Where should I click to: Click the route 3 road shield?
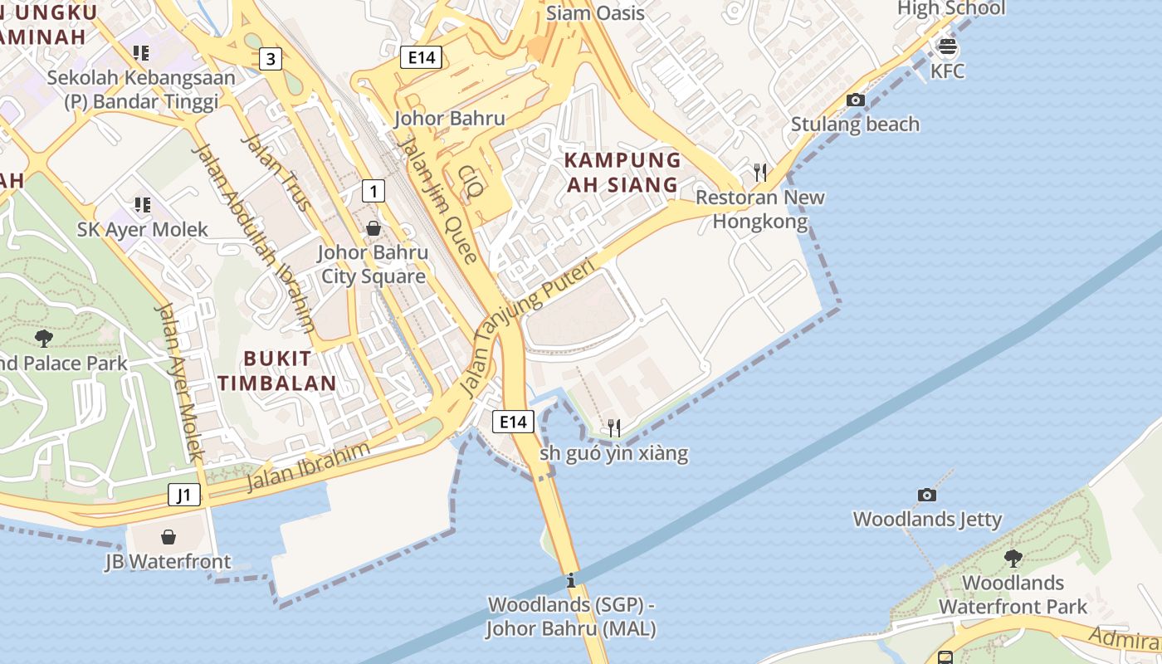[x=270, y=59]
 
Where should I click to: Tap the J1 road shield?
[x=184, y=495]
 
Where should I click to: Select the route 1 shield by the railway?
[x=373, y=192]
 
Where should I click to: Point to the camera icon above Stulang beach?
[x=855, y=100]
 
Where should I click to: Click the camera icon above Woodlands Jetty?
[x=927, y=495]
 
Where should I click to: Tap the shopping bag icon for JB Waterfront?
[x=168, y=537]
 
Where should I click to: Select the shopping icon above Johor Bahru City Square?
[x=373, y=227]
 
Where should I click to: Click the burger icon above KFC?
[x=946, y=46]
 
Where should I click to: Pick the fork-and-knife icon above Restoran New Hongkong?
[x=759, y=172]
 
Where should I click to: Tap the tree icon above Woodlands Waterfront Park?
[x=1013, y=558]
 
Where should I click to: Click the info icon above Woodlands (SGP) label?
[x=570, y=580]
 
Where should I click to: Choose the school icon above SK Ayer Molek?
[x=142, y=204]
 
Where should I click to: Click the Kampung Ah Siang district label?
[x=622, y=172]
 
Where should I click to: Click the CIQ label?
[x=471, y=182]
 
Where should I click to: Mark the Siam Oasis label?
[x=595, y=13]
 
